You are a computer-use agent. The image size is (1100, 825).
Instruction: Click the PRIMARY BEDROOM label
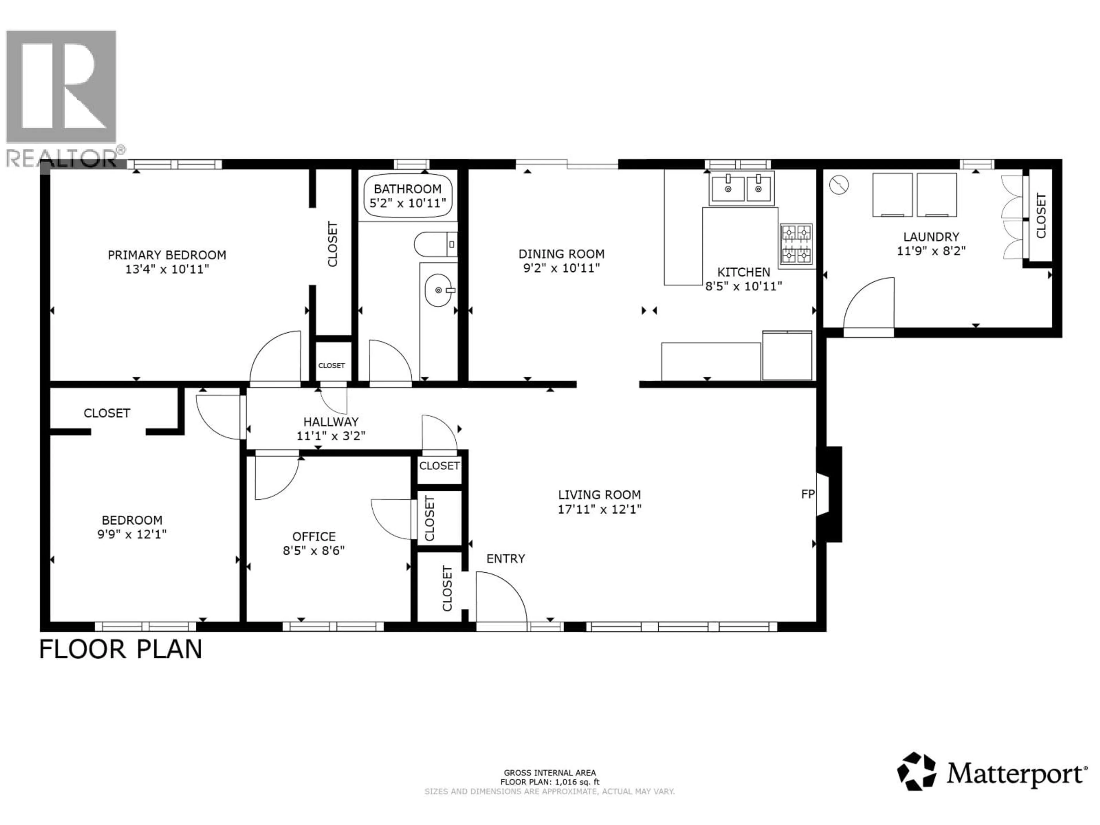[167, 255]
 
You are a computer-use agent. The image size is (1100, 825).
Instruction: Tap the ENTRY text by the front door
[505, 559]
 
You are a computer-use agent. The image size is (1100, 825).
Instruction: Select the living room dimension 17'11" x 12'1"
[599, 509]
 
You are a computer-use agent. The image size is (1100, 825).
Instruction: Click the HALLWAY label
[331, 422]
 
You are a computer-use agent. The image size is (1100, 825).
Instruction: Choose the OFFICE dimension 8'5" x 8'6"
[314, 551]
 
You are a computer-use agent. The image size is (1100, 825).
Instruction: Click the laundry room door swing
[868, 304]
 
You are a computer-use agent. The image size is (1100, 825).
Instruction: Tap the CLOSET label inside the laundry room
[1041, 215]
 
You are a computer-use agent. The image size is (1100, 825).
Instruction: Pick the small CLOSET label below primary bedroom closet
[331, 366]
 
